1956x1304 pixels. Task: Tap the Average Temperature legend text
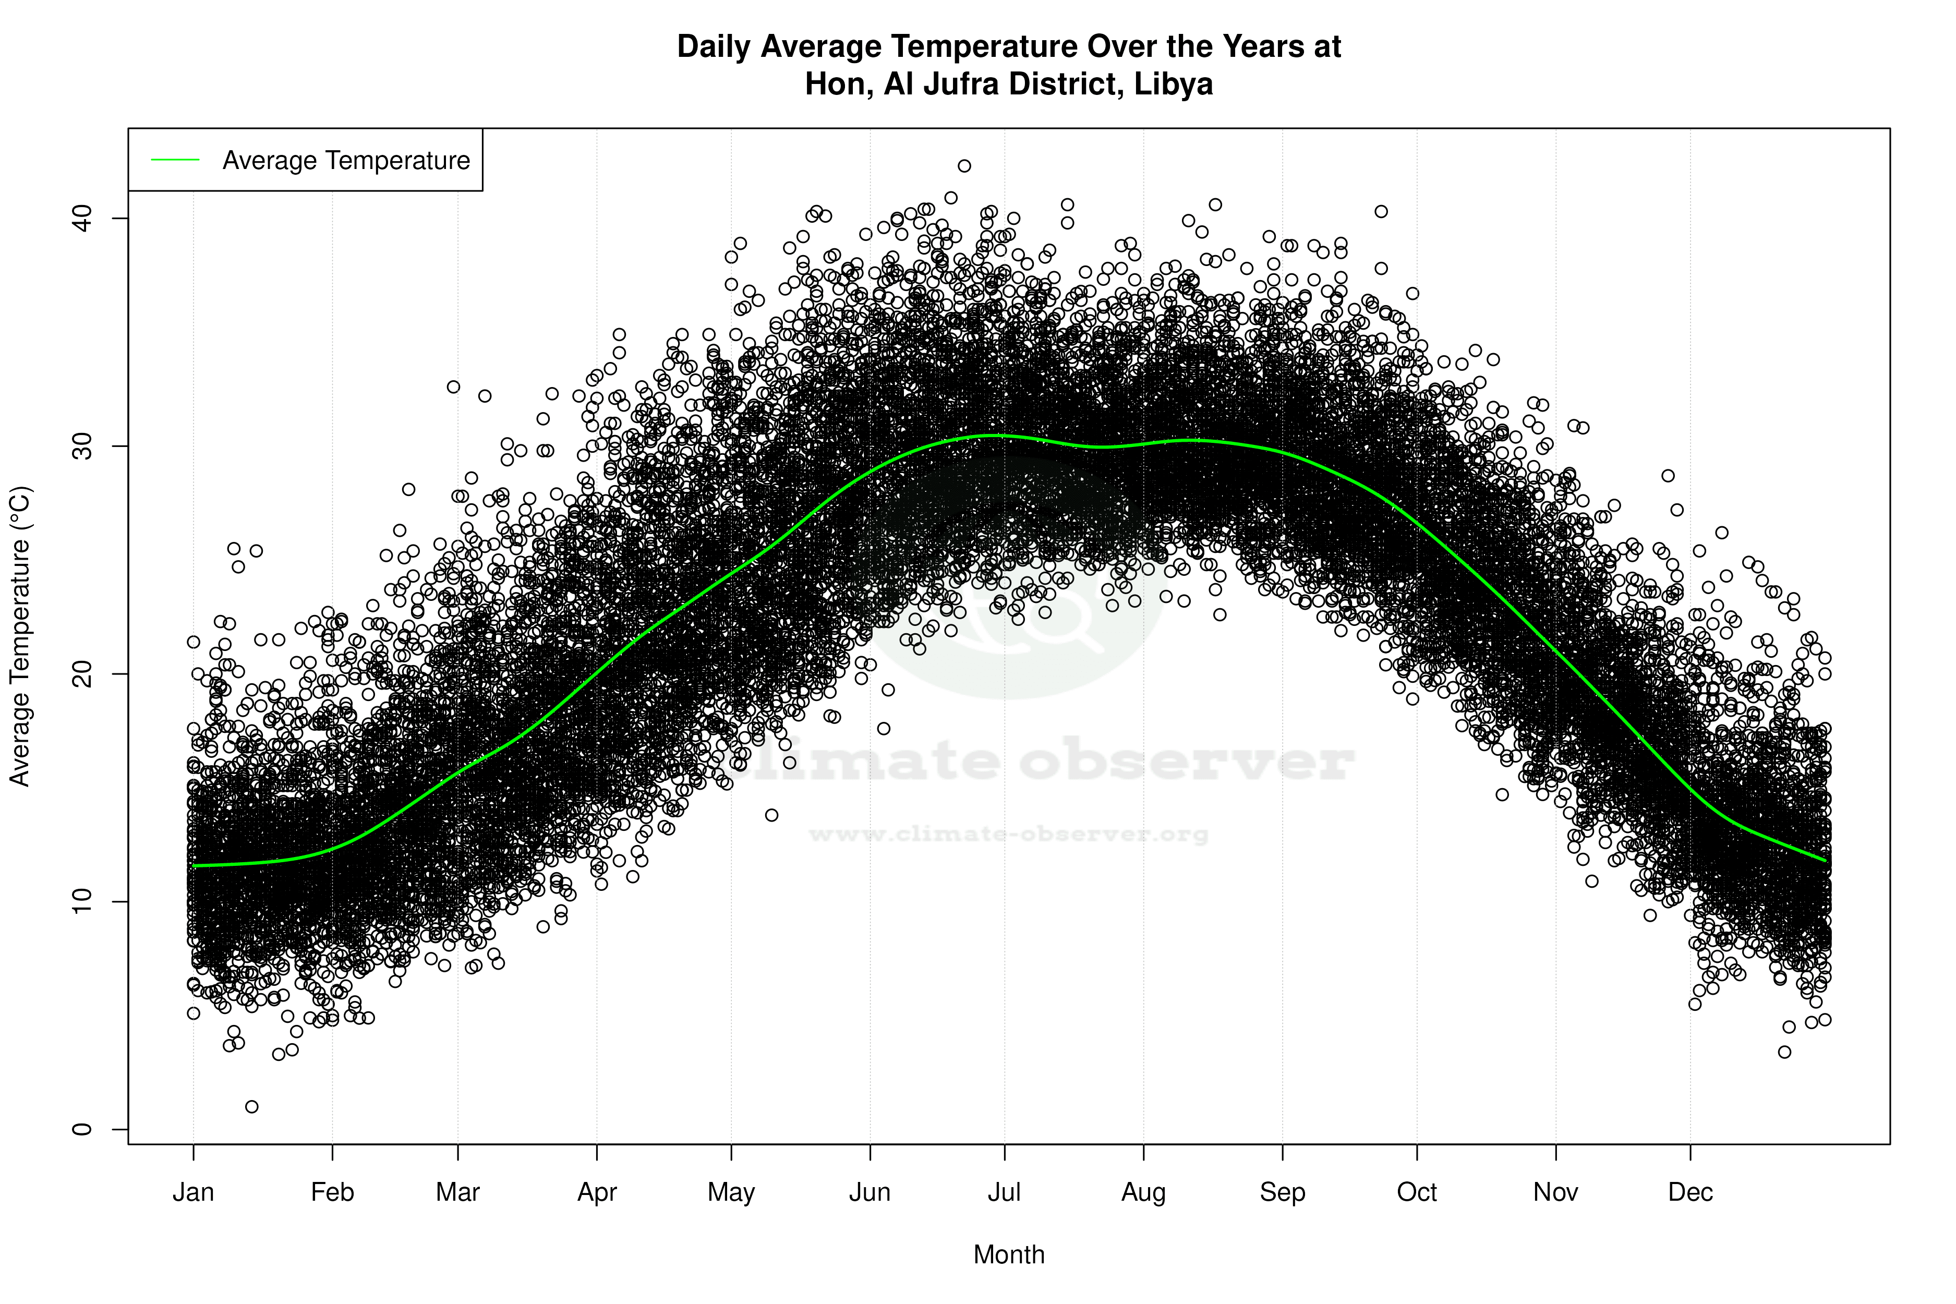pos(346,161)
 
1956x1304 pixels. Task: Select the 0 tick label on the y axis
pos(82,1129)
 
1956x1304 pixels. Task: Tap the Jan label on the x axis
pos(193,1192)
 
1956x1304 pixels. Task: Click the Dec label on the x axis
pos(1690,1192)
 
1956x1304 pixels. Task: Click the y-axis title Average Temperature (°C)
pos(20,636)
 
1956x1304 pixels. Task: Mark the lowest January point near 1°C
pos(252,1106)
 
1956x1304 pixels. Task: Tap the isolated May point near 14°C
pos(772,815)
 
